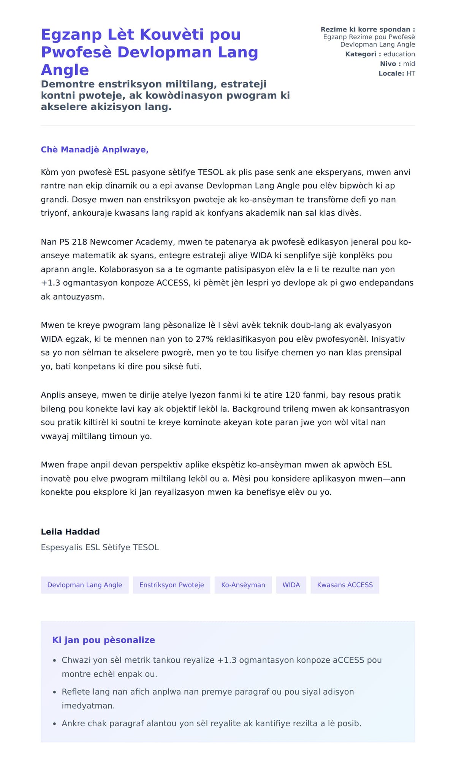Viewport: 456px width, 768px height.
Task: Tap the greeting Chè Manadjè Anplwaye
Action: pos(95,150)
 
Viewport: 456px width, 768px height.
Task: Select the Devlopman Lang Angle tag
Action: pos(85,585)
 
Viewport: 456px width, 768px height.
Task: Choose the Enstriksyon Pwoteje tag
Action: pos(171,585)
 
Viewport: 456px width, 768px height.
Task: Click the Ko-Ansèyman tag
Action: pos(243,585)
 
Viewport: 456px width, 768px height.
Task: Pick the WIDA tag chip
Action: pos(291,585)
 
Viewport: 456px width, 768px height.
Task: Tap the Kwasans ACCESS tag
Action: pos(345,585)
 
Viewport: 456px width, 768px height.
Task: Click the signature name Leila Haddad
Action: pos(70,532)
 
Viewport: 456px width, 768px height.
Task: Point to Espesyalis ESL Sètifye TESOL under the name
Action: pos(100,547)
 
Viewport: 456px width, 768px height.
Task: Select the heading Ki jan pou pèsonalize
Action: pos(103,640)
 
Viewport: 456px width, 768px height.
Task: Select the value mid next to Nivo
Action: pos(409,64)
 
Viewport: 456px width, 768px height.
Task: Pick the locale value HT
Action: pos(410,73)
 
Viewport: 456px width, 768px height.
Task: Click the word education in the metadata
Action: pos(399,54)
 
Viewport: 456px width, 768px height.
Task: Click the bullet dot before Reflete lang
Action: pos(55,692)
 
